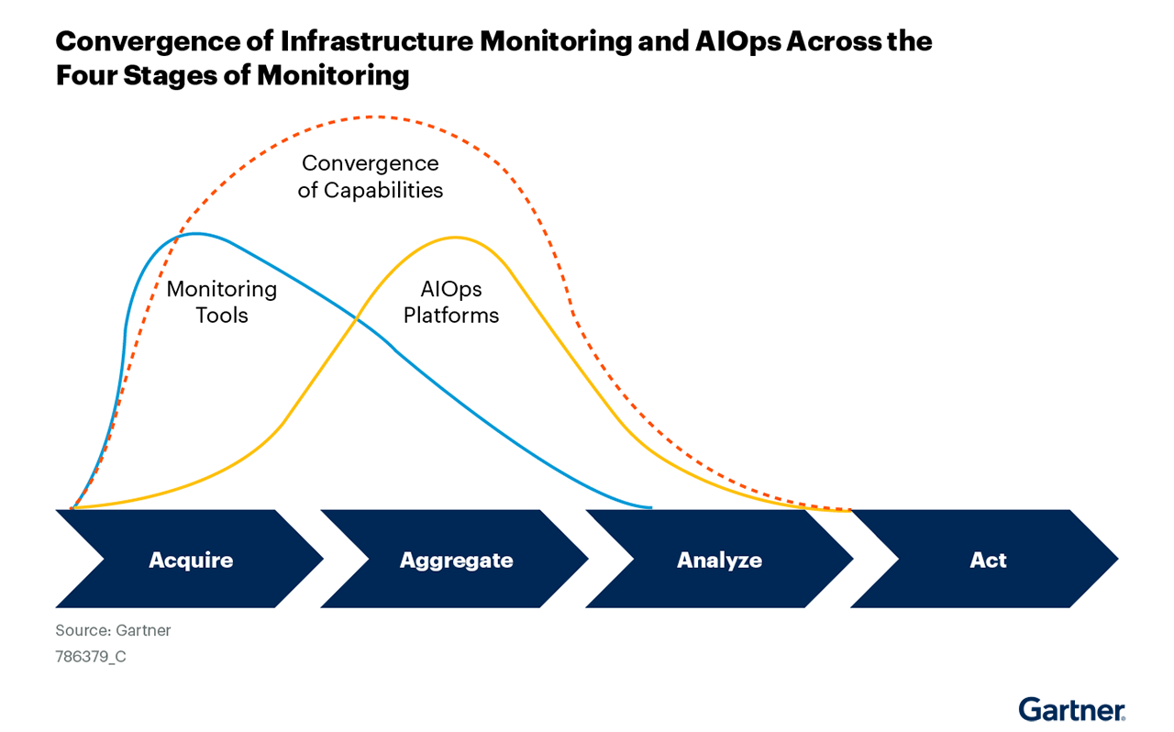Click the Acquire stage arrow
tap(191, 560)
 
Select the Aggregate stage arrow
tap(456, 560)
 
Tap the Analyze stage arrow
tap(720, 560)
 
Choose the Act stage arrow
tap(988, 560)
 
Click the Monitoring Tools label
tap(222, 302)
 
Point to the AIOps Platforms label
tap(451, 302)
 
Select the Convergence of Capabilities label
tap(371, 177)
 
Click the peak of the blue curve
tap(194, 234)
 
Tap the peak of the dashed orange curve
tap(376, 116)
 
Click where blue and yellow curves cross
tap(356, 317)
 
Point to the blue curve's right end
tap(649, 506)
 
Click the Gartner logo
tap(1071, 709)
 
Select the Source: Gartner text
tap(113, 630)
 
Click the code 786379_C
tap(91, 657)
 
